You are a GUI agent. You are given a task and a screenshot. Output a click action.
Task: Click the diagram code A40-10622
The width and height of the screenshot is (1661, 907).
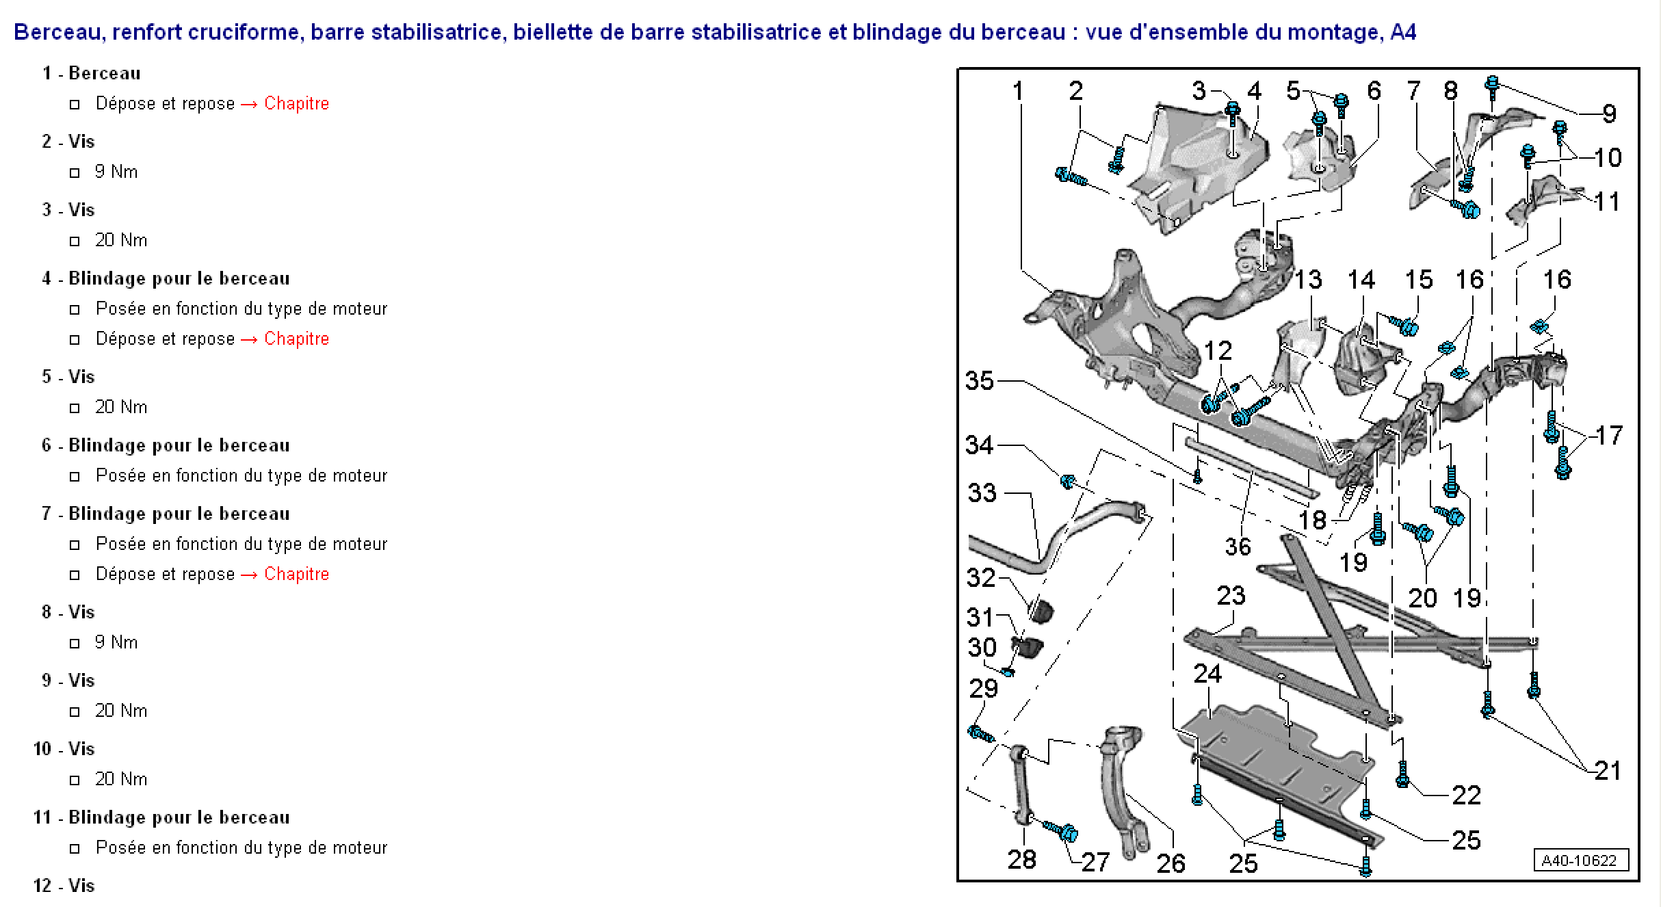coord(1579,860)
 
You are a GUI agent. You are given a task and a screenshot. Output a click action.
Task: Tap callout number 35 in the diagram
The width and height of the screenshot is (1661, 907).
coord(980,380)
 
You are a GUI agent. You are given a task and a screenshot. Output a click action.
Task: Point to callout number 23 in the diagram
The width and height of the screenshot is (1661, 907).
coord(1231,595)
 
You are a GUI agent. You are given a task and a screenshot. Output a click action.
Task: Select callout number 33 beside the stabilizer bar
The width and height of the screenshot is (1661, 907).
coord(982,492)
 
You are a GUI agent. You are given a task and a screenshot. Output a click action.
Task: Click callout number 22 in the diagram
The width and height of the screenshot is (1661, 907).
coord(1466,795)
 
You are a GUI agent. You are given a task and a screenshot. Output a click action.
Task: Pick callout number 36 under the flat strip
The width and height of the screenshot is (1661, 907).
coord(1238,547)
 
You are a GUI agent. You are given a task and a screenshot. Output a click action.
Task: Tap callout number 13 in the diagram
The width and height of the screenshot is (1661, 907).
coord(1308,279)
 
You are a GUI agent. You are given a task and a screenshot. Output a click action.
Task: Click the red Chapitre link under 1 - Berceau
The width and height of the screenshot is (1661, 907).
coord(296,103)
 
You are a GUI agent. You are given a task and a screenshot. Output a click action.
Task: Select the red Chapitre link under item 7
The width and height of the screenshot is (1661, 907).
coord(296,574)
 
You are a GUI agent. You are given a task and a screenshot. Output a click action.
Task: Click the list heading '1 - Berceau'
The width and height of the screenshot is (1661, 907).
coord(91,73)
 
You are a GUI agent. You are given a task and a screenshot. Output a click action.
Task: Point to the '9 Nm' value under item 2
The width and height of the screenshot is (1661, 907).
coord(116,172)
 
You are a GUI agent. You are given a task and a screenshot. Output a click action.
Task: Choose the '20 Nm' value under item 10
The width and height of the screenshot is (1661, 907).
coord(121,779)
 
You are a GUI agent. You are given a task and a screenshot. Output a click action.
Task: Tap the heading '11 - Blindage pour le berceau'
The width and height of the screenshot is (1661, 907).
coord(161,817)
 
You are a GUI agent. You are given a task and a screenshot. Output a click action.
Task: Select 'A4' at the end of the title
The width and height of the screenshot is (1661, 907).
coord(1404,32)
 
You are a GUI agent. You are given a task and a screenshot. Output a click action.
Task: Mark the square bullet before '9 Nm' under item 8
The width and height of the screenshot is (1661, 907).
coord(75,644)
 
